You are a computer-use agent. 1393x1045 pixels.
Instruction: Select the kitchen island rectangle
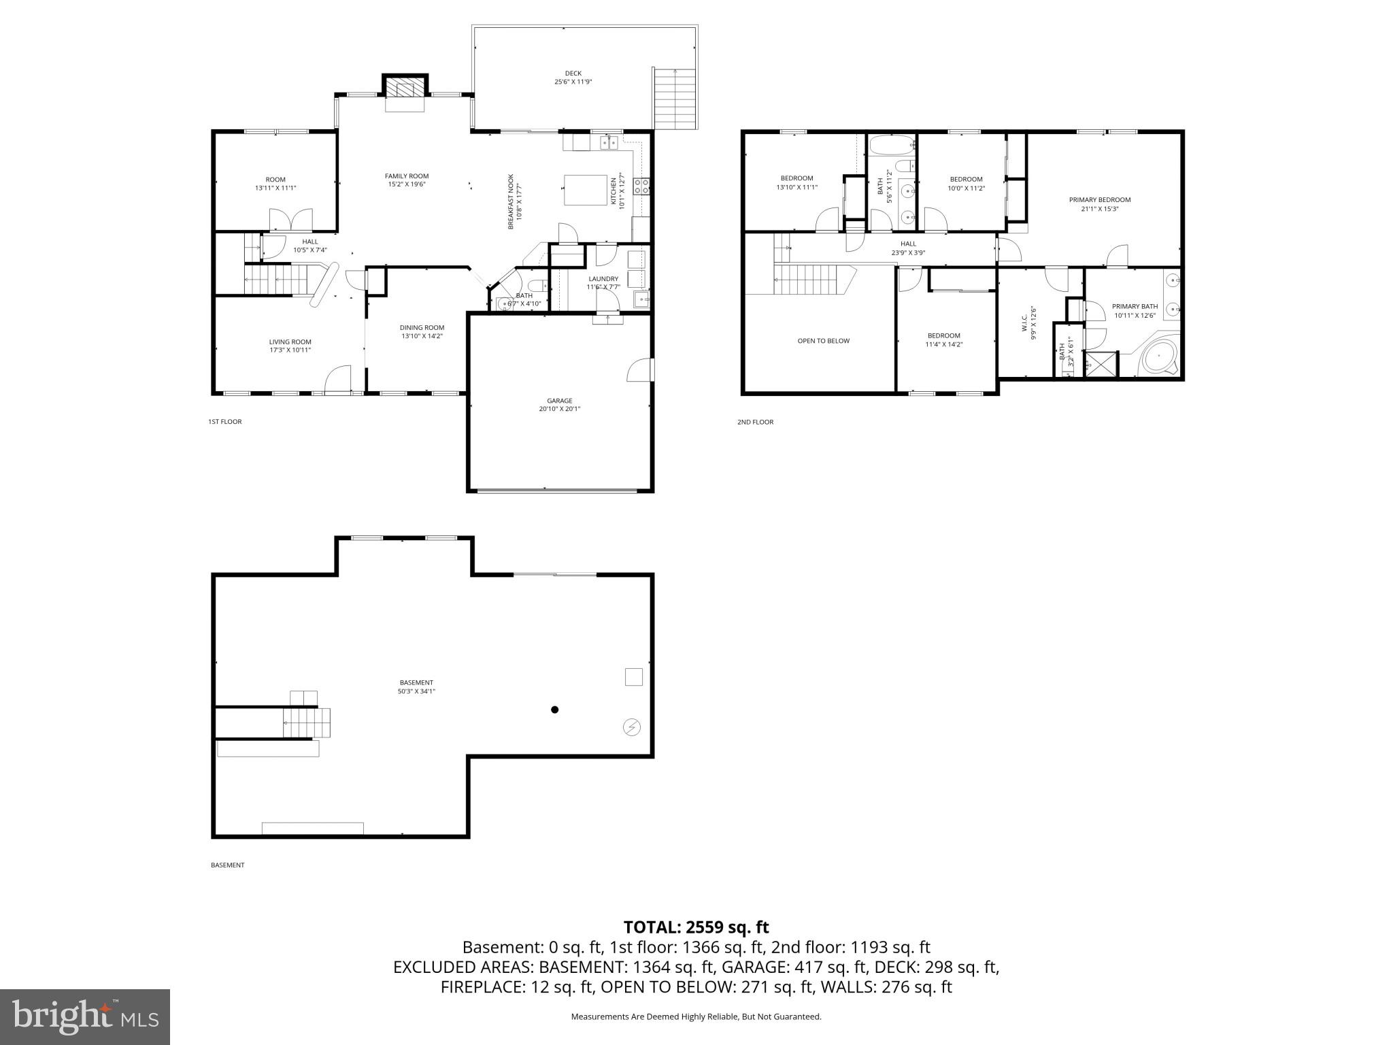tap(585, 190)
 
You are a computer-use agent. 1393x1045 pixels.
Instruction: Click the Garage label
tap(559, 401)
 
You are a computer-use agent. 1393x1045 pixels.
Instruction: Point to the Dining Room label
tap(422, 327)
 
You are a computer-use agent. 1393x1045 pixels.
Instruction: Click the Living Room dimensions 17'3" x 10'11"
tap(290, 350)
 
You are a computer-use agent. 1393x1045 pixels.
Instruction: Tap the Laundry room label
tap(603, 278)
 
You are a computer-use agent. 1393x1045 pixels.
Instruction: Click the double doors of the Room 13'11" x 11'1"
tap(290, 220)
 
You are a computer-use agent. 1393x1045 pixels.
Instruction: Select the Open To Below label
tap(823, 341)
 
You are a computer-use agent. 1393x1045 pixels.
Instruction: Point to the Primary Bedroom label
tap(1099, 200)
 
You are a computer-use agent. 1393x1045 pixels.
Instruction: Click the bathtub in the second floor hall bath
tap(892, 146)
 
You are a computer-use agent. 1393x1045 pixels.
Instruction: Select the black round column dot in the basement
tap(554, 710)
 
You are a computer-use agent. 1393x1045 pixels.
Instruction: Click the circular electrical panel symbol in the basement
tap(631, 727)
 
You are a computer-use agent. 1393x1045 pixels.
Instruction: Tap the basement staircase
tap(307, 723)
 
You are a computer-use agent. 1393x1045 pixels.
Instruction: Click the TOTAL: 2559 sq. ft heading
tap(696, 927)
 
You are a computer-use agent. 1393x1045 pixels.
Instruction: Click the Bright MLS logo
tap(85, 1016)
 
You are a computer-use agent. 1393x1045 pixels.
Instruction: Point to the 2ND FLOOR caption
tap(755, 422)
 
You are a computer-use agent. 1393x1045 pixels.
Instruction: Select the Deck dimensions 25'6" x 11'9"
tap(573, 82)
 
